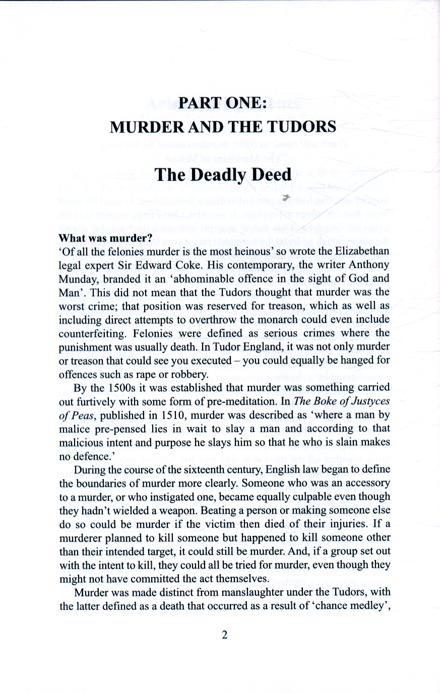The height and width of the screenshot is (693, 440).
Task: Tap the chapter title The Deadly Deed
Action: (223, 174)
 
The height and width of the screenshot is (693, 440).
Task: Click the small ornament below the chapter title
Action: (286, 197)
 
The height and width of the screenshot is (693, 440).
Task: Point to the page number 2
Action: (225, 635)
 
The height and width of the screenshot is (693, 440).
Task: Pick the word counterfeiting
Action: (92, 333)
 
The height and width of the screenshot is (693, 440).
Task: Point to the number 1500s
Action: (106, 388)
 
